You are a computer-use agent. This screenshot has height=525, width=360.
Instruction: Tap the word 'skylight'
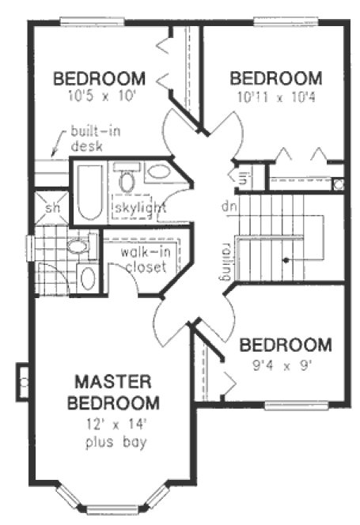pos(139,208)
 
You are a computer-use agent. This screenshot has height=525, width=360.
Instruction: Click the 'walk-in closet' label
pos(143,260)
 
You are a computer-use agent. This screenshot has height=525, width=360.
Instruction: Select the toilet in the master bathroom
pos(87,278)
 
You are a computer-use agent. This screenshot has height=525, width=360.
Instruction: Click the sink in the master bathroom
pos(78,247)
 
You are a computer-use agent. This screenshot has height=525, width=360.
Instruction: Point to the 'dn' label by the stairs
pos(229,206)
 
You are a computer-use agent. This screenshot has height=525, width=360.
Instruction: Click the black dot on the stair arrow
pos(283,259)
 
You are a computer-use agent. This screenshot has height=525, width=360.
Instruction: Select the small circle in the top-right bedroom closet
pos(338,184)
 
